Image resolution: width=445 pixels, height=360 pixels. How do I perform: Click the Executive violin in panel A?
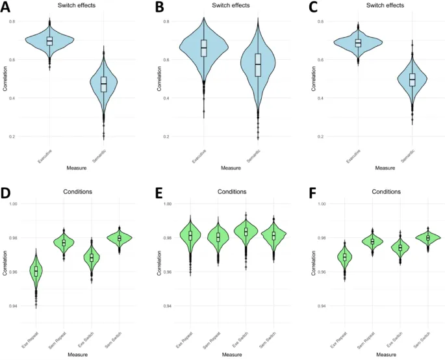pos(50,41)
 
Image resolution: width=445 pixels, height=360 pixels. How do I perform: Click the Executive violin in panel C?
pos(357,43)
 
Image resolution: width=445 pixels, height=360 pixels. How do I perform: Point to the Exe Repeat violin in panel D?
pos(36,270)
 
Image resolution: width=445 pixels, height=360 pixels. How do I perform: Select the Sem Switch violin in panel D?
pos(119,238)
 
